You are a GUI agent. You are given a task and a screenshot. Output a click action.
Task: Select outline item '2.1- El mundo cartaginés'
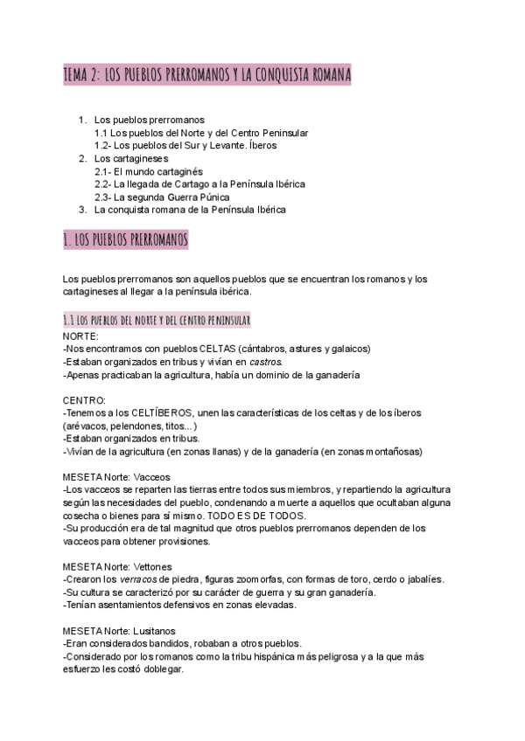tap(148, 172)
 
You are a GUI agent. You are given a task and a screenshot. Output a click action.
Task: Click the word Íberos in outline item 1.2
tap(258, 145)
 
